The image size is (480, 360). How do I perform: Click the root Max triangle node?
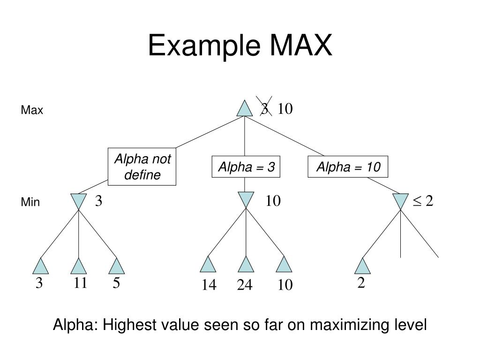pos(244,109)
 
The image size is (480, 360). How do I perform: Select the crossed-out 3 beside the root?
pos(265,109)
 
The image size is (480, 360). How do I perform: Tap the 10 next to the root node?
pos(285,109)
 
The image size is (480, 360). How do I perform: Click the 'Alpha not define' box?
pos(142,167)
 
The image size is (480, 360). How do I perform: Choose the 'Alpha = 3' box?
pos(246,167)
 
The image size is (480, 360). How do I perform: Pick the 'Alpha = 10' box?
pos(348,167)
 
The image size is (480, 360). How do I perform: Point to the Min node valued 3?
pos(78,201)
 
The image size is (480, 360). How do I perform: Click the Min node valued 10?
pos(246,199)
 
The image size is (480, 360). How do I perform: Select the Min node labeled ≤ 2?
pos(400,201)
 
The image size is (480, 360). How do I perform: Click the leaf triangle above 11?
pos(78,266)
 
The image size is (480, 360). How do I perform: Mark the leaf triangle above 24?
pos(246,265)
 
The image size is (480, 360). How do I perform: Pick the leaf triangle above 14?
pos(208,265)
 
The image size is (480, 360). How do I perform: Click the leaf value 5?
pos(116,283)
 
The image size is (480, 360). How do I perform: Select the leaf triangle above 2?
pos(362,266)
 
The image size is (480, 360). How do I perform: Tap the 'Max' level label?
pos(32,111)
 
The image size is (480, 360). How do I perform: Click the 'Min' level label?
pos(30,202)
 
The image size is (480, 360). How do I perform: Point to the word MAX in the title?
pos(300,46)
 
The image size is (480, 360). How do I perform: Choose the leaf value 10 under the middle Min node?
pos(285,285)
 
